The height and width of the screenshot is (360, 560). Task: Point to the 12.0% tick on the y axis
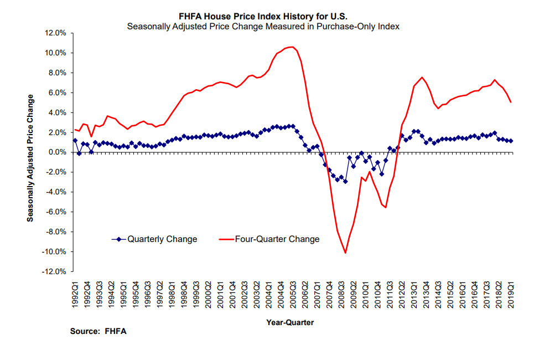point(55,33)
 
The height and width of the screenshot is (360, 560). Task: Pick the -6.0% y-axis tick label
point(55,212)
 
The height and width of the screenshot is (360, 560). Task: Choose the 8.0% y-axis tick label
point(56,73)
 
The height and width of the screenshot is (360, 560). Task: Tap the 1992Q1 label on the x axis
point(75,296)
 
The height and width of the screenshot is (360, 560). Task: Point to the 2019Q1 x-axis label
point(511,296)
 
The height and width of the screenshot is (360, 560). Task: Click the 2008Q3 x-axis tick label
point(342,296)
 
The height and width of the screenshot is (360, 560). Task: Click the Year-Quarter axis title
point(291,321)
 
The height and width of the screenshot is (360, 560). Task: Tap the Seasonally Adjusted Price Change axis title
point(31,158)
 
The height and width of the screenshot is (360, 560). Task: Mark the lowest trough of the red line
point(345,253)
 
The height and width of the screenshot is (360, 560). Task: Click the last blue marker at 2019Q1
point(511,141)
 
